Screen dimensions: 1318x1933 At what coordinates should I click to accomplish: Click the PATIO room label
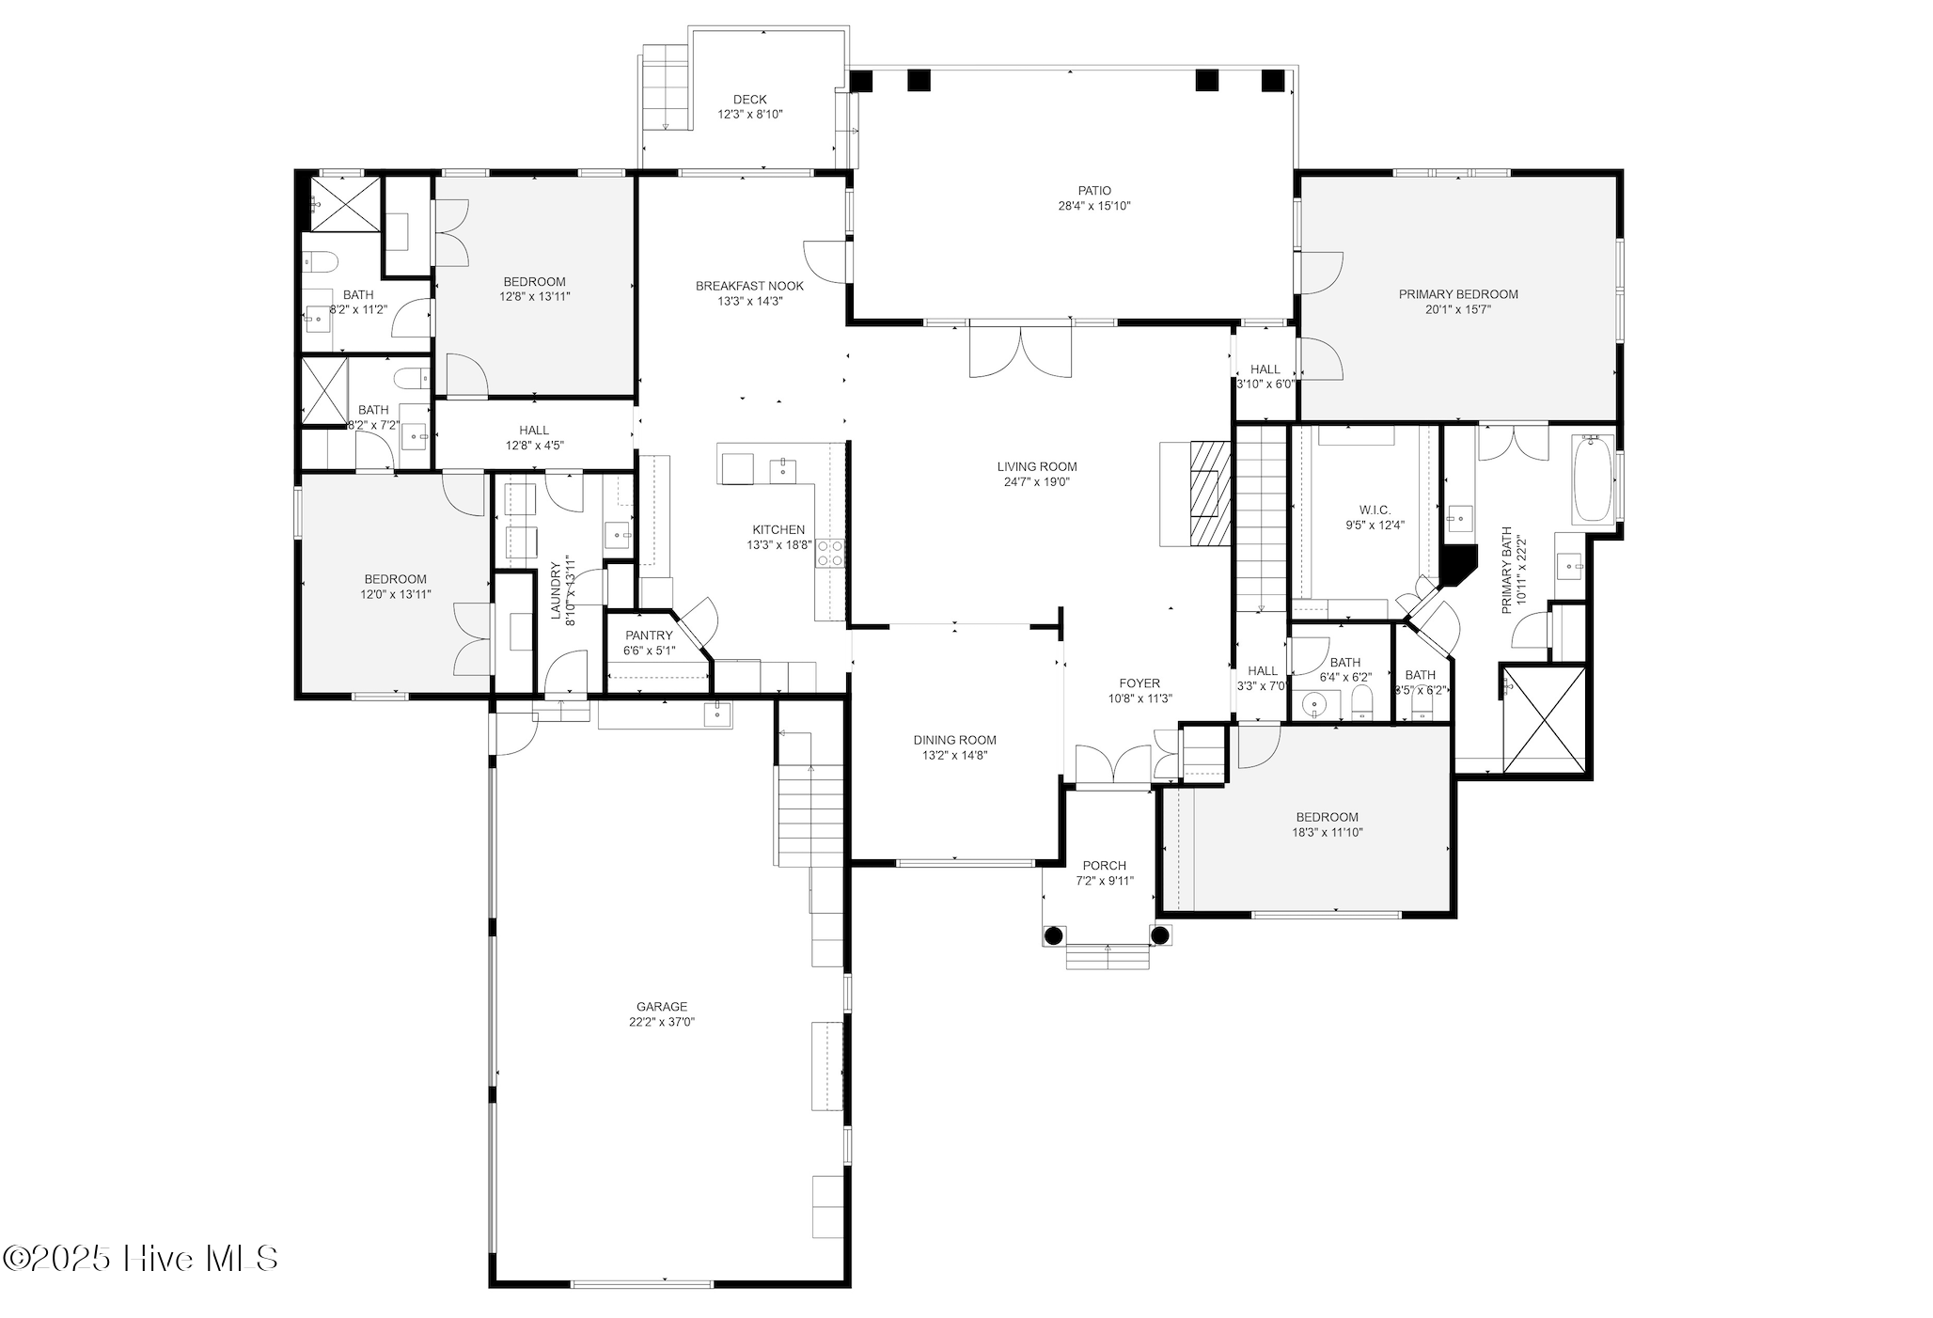click(x=1094, y=191)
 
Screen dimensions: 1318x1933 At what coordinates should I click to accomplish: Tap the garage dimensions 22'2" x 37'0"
click(x=662, y=1022)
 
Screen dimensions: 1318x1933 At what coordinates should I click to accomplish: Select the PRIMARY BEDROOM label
click(x=1457, y=294)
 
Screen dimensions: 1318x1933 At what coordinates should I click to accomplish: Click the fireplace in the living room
click(x=1209, y=493)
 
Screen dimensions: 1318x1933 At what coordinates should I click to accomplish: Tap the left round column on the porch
click(x=1053, y=935)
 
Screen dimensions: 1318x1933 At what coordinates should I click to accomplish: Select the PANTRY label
click(x=649, y=635)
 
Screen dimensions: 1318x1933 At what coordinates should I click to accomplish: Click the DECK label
click(x=749, y=99)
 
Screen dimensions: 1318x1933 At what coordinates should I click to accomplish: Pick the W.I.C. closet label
click(x=1374, y=510)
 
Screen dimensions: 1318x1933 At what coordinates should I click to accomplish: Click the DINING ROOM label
click(x=954, y=740)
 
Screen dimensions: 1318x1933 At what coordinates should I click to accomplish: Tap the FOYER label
click(x=1139, y=683)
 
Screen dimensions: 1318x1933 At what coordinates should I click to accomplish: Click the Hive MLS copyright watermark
click(x=141, y=1258)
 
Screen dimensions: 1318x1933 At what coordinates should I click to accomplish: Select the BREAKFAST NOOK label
click(x=749, y=286)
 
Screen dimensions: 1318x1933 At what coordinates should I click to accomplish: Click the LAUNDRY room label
click(x=556, y=592)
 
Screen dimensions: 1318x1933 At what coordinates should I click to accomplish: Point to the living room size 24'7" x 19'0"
click(x=1037, y=482)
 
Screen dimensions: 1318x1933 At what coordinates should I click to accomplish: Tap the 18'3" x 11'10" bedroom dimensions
click(x=1327, y=832)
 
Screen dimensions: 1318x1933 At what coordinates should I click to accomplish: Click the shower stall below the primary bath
click(x=1544, y=717)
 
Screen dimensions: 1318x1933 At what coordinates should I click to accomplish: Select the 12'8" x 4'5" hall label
click(x=534, y=446)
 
